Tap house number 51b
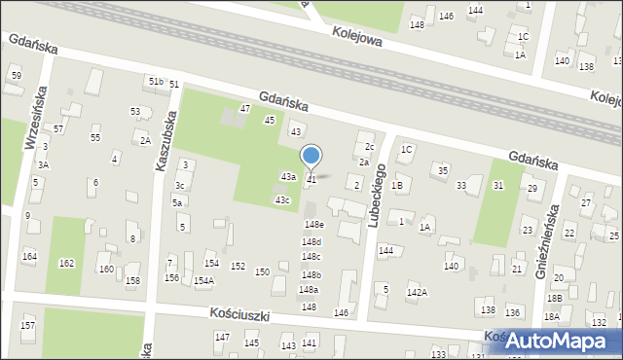tap(156, 82)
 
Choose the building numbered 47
tap(245, 108)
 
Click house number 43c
tap(282, 200)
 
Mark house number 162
tap(66, 264)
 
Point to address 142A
tap(417, 292)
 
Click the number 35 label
tap(443, 170)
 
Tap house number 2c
tap(369, 147)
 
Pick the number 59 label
tap(16, 75)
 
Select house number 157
tap(28, 324)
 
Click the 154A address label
tap(203, 281)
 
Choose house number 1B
tap(397, 185)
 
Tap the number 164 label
tap(30, 257)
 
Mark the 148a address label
tap(309, 290)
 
